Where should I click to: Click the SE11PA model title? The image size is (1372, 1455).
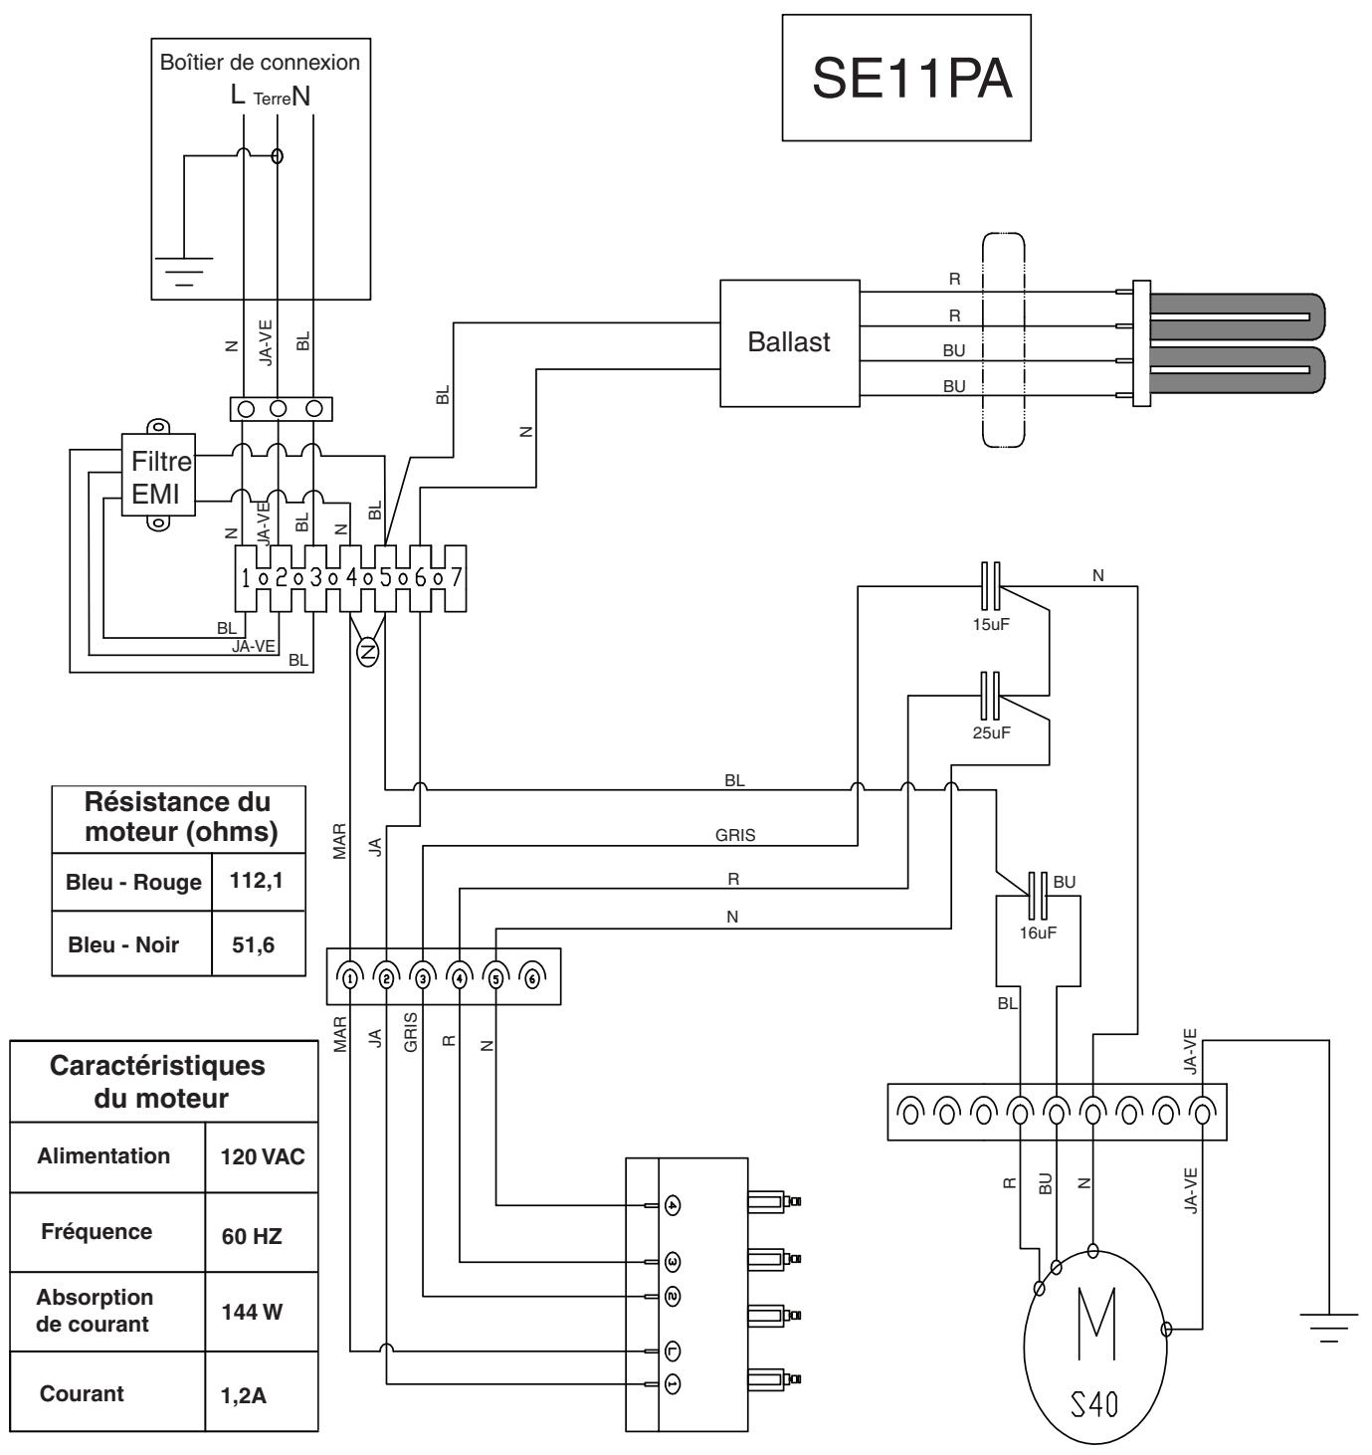pyautogui.click(x=912, y=78)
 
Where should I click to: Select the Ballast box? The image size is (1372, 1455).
pyautogui.click(x=790, y=343)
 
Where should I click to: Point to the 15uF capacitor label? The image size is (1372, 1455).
pyautogui.click(x=991, y=624)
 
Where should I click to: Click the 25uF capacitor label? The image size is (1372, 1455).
pyautogui.click(x=991, y=732)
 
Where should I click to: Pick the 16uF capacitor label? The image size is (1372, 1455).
pyautogui.click(x=1038, y=933)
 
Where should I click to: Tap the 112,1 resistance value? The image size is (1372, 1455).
pyautogui.click(x=257, y=880)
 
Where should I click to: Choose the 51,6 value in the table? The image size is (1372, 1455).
pyautogui.click(x=254, y=944)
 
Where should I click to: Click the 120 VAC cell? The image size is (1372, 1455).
pyautogui.click(x=263, y=1156)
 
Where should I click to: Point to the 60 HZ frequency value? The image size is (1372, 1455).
pyautogui.click(x=252, y=1237)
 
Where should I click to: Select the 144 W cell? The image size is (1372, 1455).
pyautogui.click(x=252, y=1312)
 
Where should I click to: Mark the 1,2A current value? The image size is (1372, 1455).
pyautogui.click(x=243, y=1395)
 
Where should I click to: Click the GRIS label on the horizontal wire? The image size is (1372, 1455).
pyautogui.click(x=734, y=834)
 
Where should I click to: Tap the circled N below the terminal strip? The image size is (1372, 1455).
pyautogui.click(x=368, y=651)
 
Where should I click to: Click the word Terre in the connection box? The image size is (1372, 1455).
pyautogui.click(x=273, y=99)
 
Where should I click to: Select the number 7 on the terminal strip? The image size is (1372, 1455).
pyautogui.click(x=456, y=577)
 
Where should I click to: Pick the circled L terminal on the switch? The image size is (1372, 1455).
pyautogui.click(x=672, y=1350)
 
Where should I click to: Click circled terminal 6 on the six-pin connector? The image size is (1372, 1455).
pyautogui.click(x=532, y=978)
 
